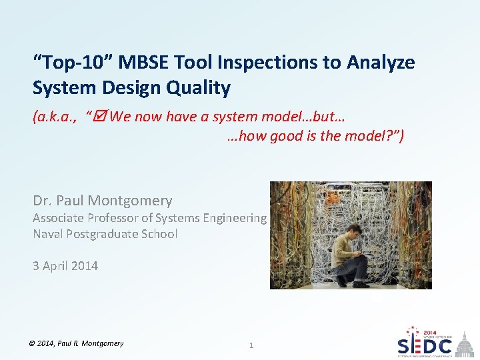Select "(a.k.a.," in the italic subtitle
coord(54,117)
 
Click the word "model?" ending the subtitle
coord(379,136)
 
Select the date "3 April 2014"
coord(65,266)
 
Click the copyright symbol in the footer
coord(33,343)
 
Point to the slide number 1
coord(251,345)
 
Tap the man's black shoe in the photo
coord(360,284)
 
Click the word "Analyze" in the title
coord(380,63)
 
